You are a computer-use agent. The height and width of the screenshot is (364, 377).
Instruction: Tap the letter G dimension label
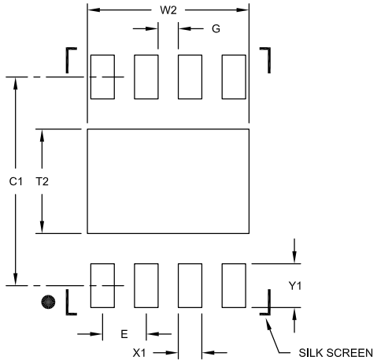pyautogui.click(x=215, y=29)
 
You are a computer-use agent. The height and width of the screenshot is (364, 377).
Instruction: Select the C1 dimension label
pyautogui.click(x=16, y=181)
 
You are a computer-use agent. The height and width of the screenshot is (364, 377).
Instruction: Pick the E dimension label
pyautogui.click(x=124, y=334)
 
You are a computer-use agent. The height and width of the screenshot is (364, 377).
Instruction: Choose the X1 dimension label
pyautogui.click(x=141, y=352)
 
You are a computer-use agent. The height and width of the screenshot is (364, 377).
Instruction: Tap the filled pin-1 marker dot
pyautogui.click(x=49, y=302)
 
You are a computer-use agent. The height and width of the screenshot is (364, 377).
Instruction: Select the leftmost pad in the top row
pyautogui.click(x=102, y=77)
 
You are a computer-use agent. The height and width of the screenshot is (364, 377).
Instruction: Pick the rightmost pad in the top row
pyautogui.click(x=234, y=77)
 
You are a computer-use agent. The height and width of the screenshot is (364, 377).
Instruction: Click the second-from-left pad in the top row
pyautogui.click(x=146, y=77)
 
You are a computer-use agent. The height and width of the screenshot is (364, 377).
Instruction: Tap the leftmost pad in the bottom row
pyautogui.click(x=102, y=285)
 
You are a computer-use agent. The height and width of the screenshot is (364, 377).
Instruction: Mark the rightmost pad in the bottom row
pyautogui.click(x=234, y=285)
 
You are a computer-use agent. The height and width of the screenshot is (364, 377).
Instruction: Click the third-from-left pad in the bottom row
pyautogui.click(x=190, y=285)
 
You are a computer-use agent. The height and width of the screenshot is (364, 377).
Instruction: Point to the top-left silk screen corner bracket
pyautogui.click(x=71, y=57)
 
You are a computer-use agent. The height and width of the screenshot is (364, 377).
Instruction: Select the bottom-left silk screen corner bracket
pyautogui.click(x=69, y=304)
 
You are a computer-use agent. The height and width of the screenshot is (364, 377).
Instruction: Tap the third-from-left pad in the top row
pyautogui.click(x=190, y=77)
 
